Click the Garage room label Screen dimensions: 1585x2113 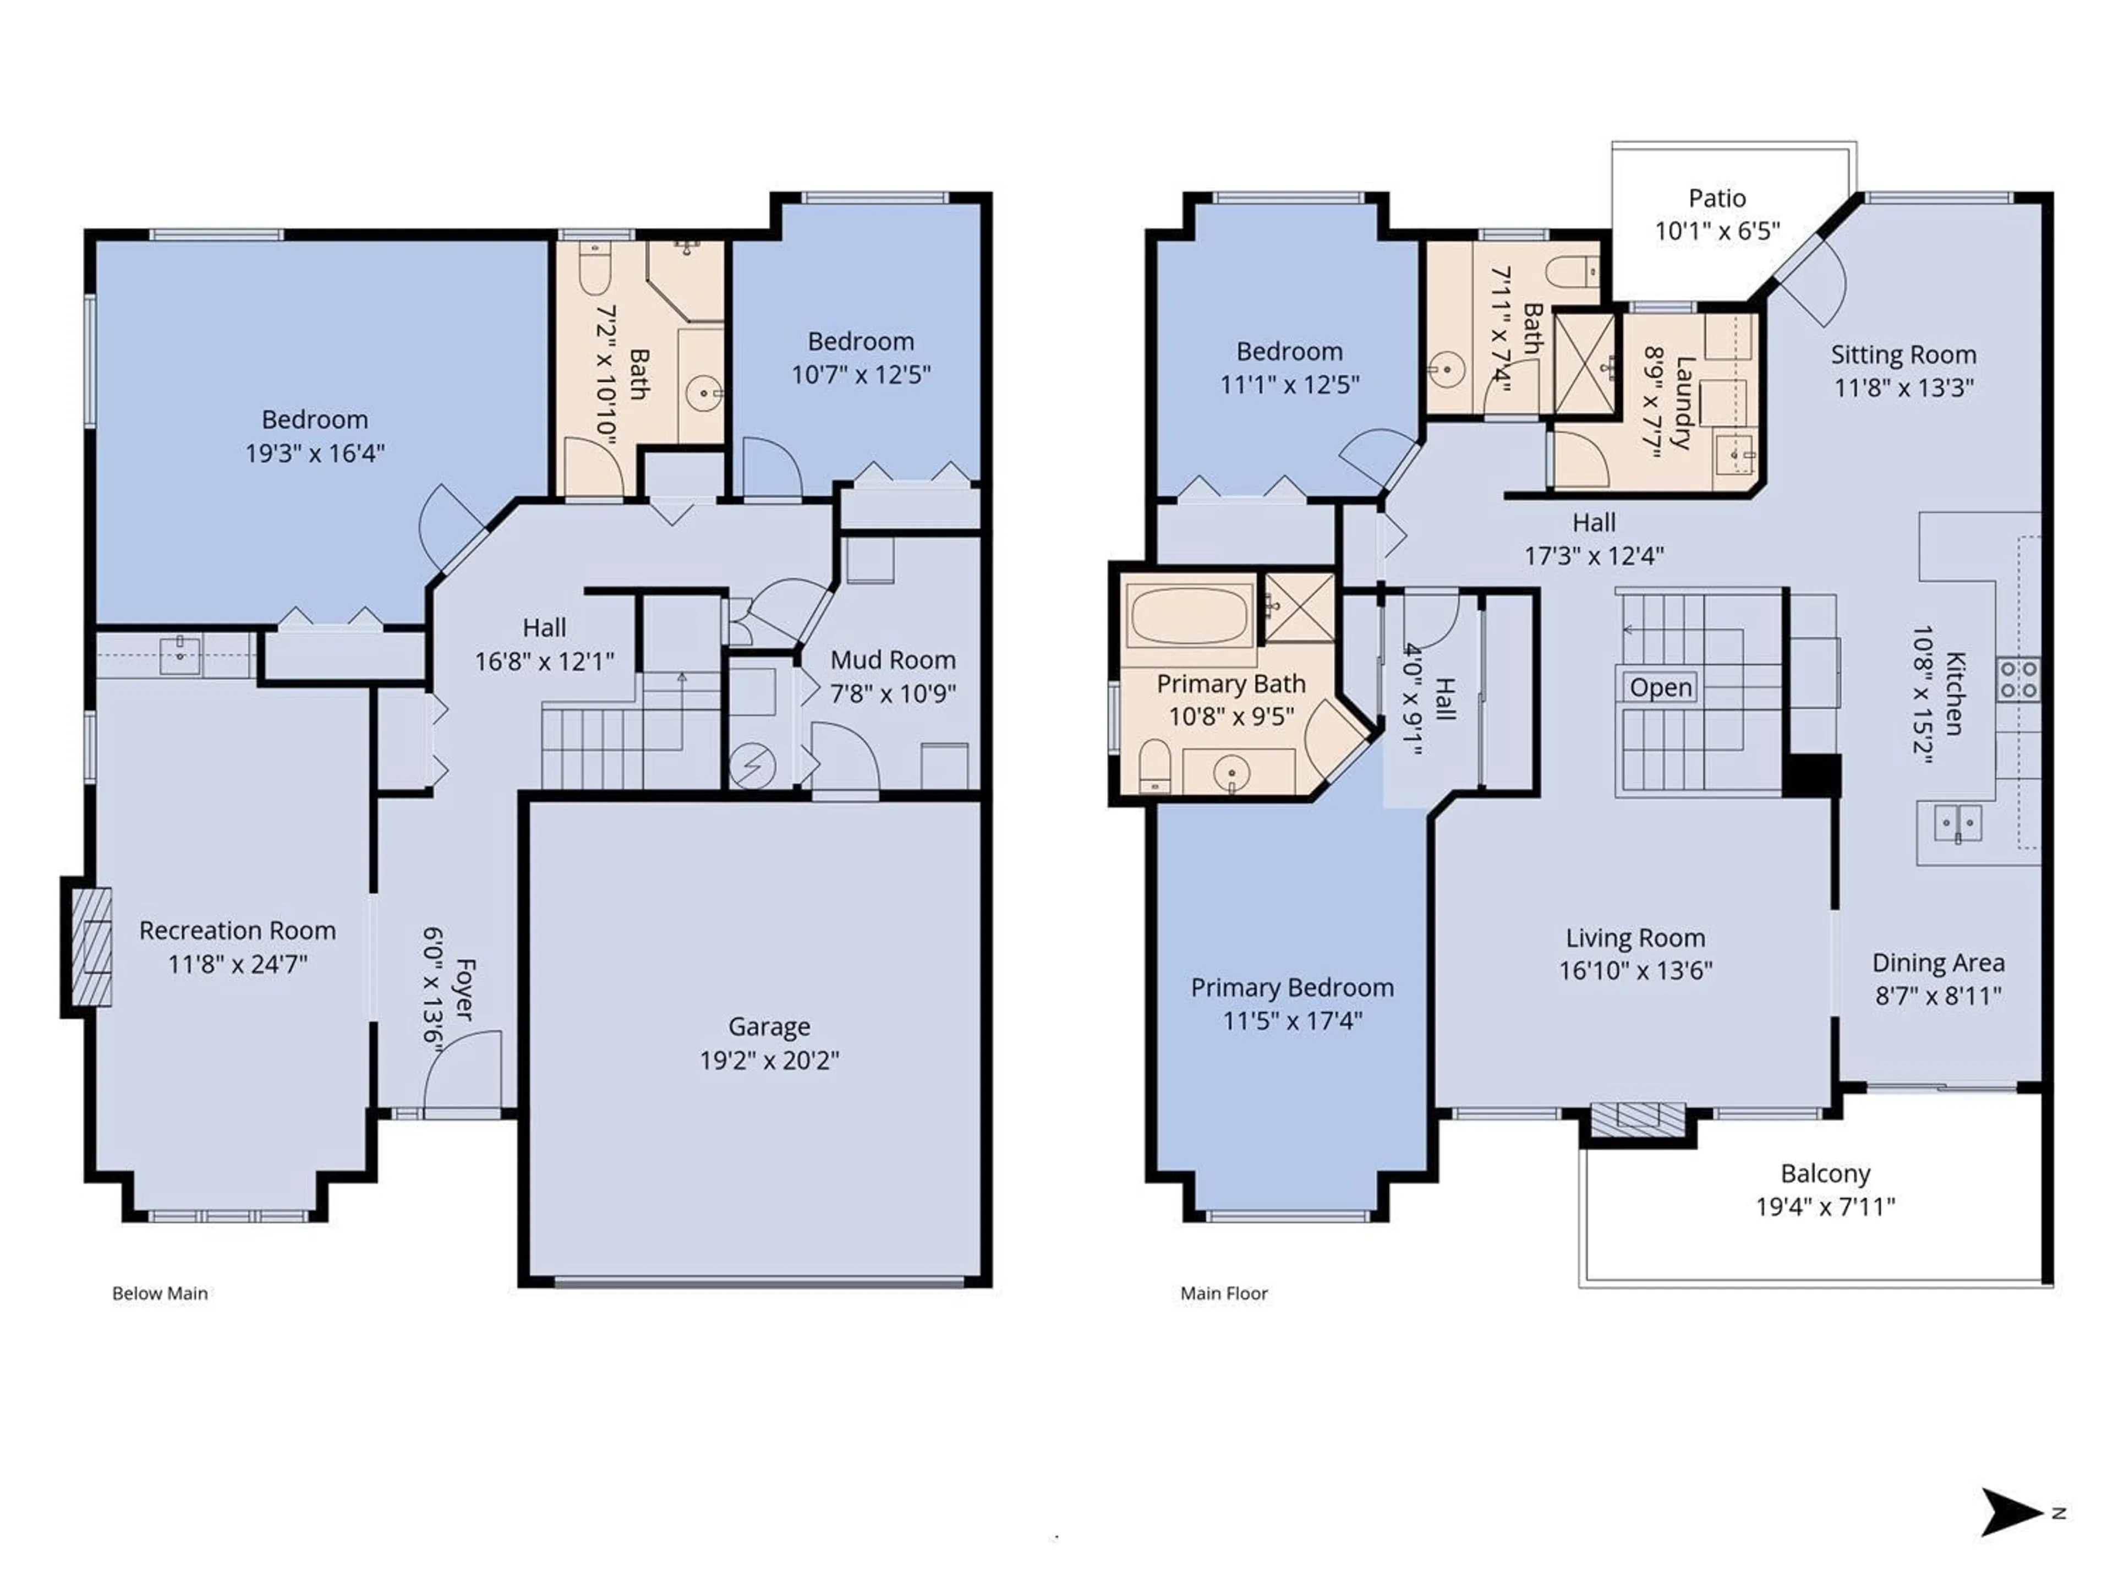pyautogui.click(x=769, y=1026)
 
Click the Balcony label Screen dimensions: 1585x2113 pyautogui.click(x=1825, y=1173)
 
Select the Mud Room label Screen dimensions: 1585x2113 pyautogui.click(x=892, y=660)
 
